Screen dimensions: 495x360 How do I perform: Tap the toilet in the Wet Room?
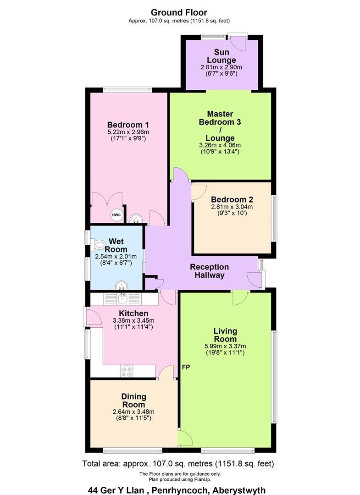click(x=99, y=245)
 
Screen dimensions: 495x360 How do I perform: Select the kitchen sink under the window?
click(x=123, y=298)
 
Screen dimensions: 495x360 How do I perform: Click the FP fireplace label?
click(x=186, y=367)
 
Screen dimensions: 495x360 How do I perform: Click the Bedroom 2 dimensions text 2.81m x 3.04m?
click(x=232, y=207)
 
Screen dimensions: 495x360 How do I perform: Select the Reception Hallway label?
click(x=209, y=271)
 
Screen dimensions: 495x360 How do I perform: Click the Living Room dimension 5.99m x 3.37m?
click(x=225, y=346)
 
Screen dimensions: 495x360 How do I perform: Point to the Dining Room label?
click(x=133, y=401)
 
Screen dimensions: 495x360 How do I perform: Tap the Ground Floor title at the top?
click(x=179, y=12)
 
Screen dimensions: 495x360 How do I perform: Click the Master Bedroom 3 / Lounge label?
click(x=220, y=126)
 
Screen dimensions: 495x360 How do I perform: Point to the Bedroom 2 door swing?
click(x=198, y=190)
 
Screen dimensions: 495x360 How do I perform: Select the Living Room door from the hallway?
click(x=239, y=298)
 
